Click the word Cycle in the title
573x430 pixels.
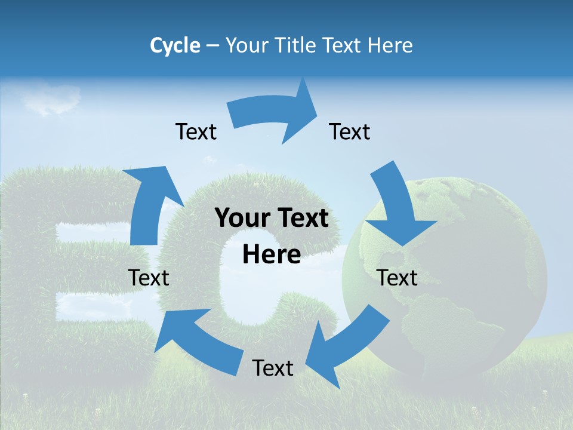tap(175, 45)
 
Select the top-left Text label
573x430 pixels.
tap(196, 131)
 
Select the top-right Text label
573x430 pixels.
tap(350, 131)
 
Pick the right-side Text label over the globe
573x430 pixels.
tap(398, 278)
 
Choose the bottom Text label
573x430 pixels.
tap(273, 368)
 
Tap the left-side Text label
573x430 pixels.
tap(149, 278)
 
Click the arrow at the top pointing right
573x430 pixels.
tap(275, 113)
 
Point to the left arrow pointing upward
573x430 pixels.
tap(149, 203)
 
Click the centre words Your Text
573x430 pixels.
tap(272, 219)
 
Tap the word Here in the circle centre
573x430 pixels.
tap(272, 255)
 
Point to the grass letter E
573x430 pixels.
tap(72, 269)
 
